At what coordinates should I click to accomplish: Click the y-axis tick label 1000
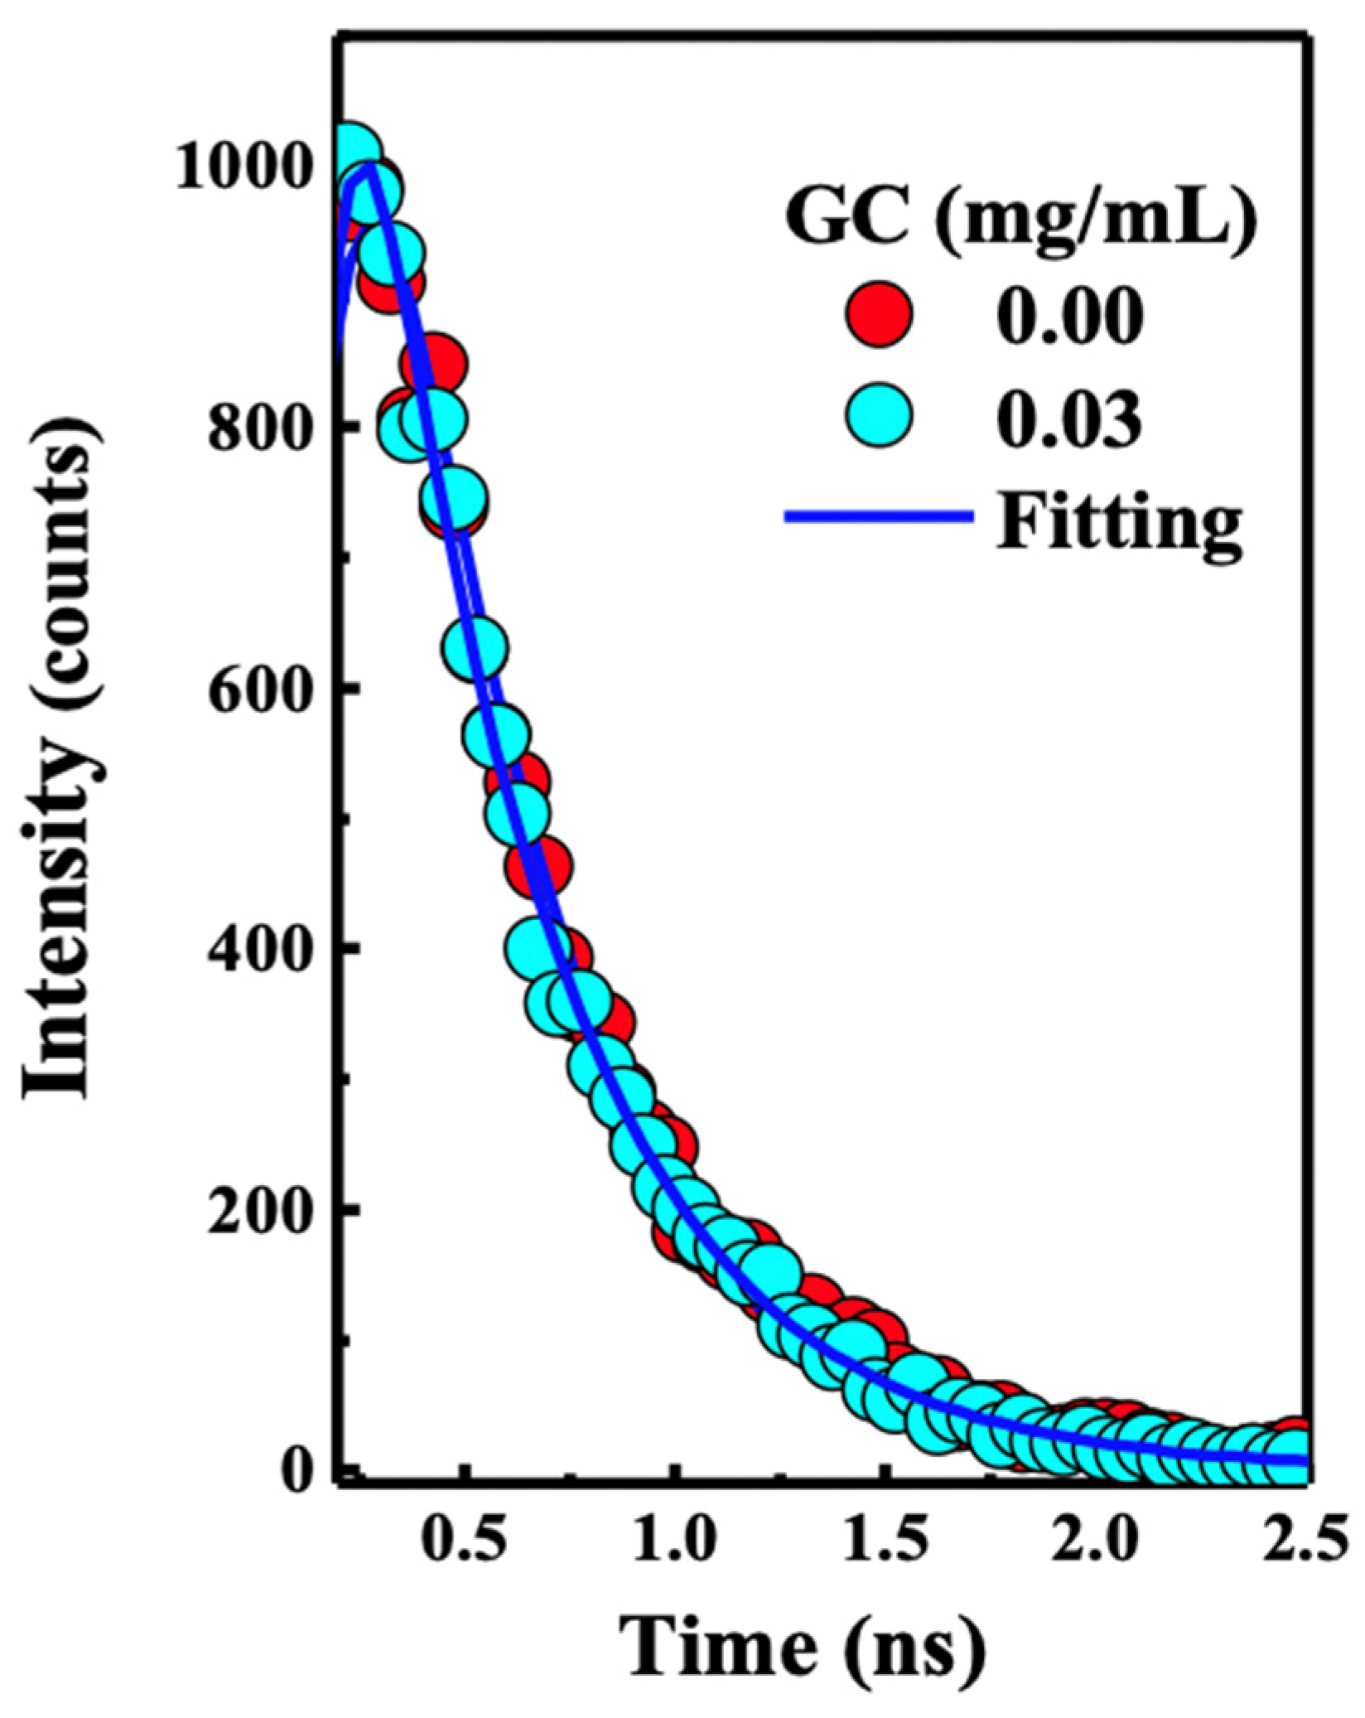click(x=248, y=169)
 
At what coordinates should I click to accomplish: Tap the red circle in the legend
click(x=879, y=313)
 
